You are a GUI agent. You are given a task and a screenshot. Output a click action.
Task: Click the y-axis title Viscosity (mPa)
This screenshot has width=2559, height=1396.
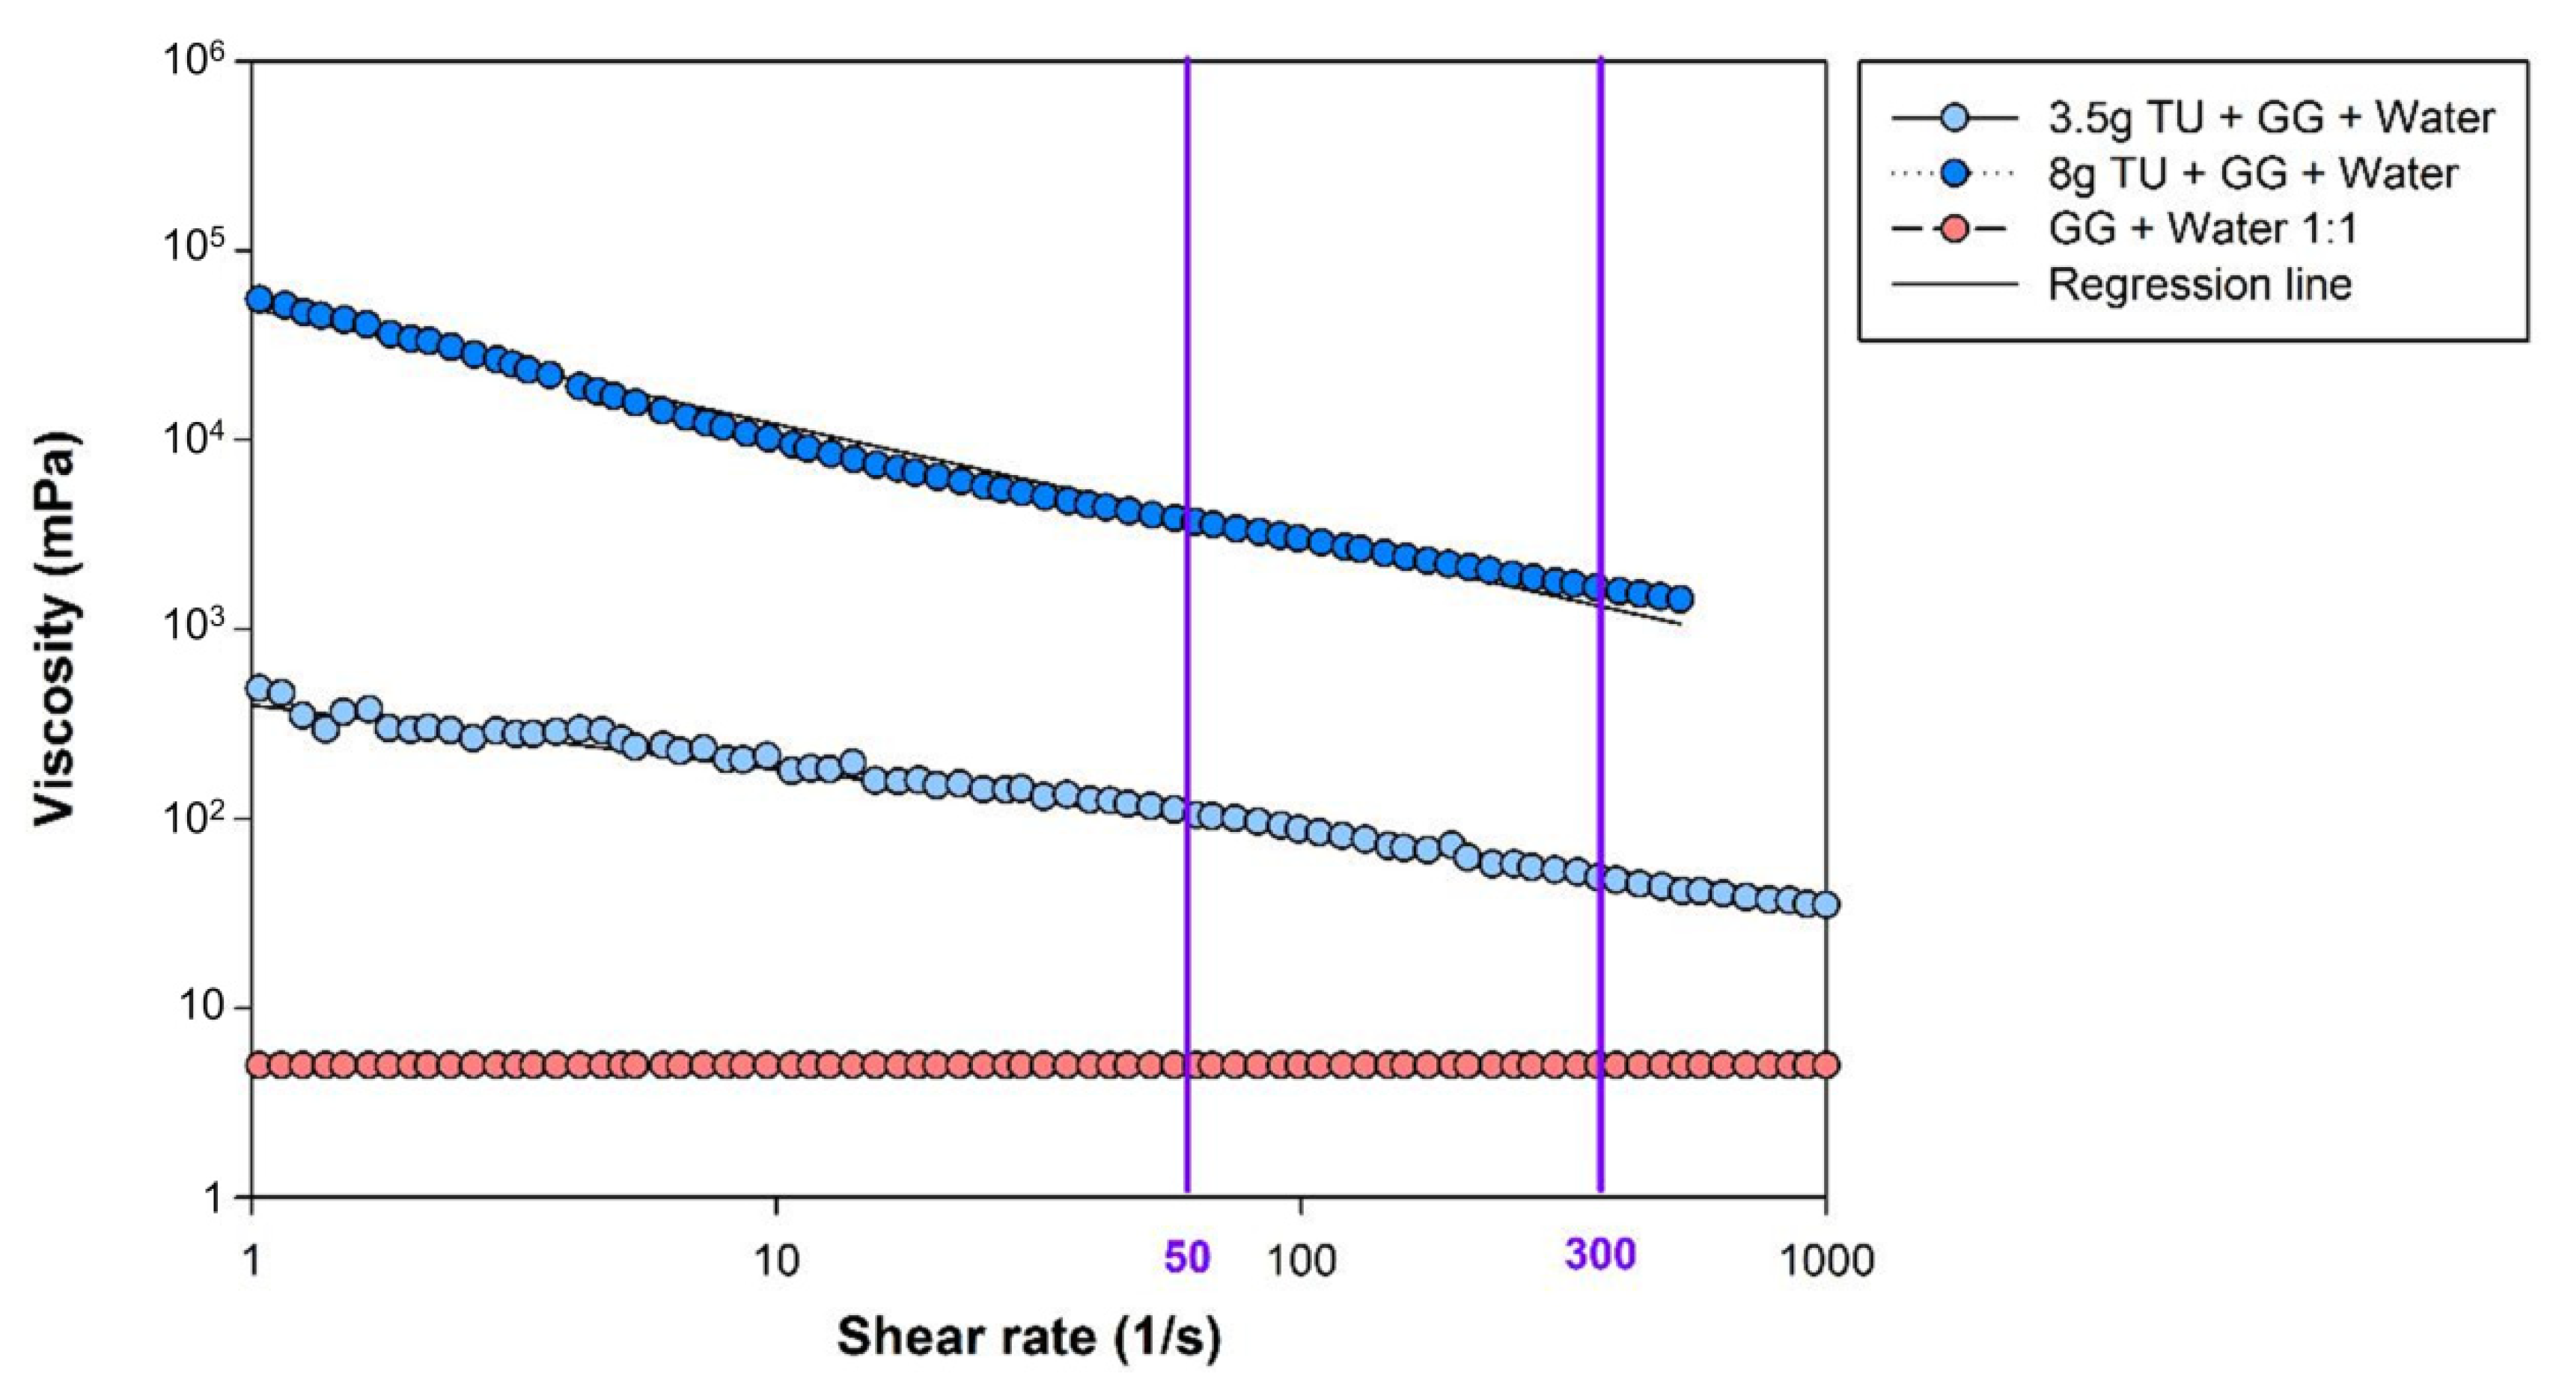(55, 628)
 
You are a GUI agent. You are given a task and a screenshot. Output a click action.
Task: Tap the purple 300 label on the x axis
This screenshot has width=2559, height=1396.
(1600, 1255)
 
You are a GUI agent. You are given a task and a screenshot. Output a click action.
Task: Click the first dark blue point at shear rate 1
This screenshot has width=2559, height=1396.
(258, 298)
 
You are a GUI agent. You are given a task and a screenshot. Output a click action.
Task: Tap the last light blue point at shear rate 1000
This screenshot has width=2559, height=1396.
(1826, 904)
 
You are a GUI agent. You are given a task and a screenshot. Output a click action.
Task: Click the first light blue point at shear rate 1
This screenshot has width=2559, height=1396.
(258, 687)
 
